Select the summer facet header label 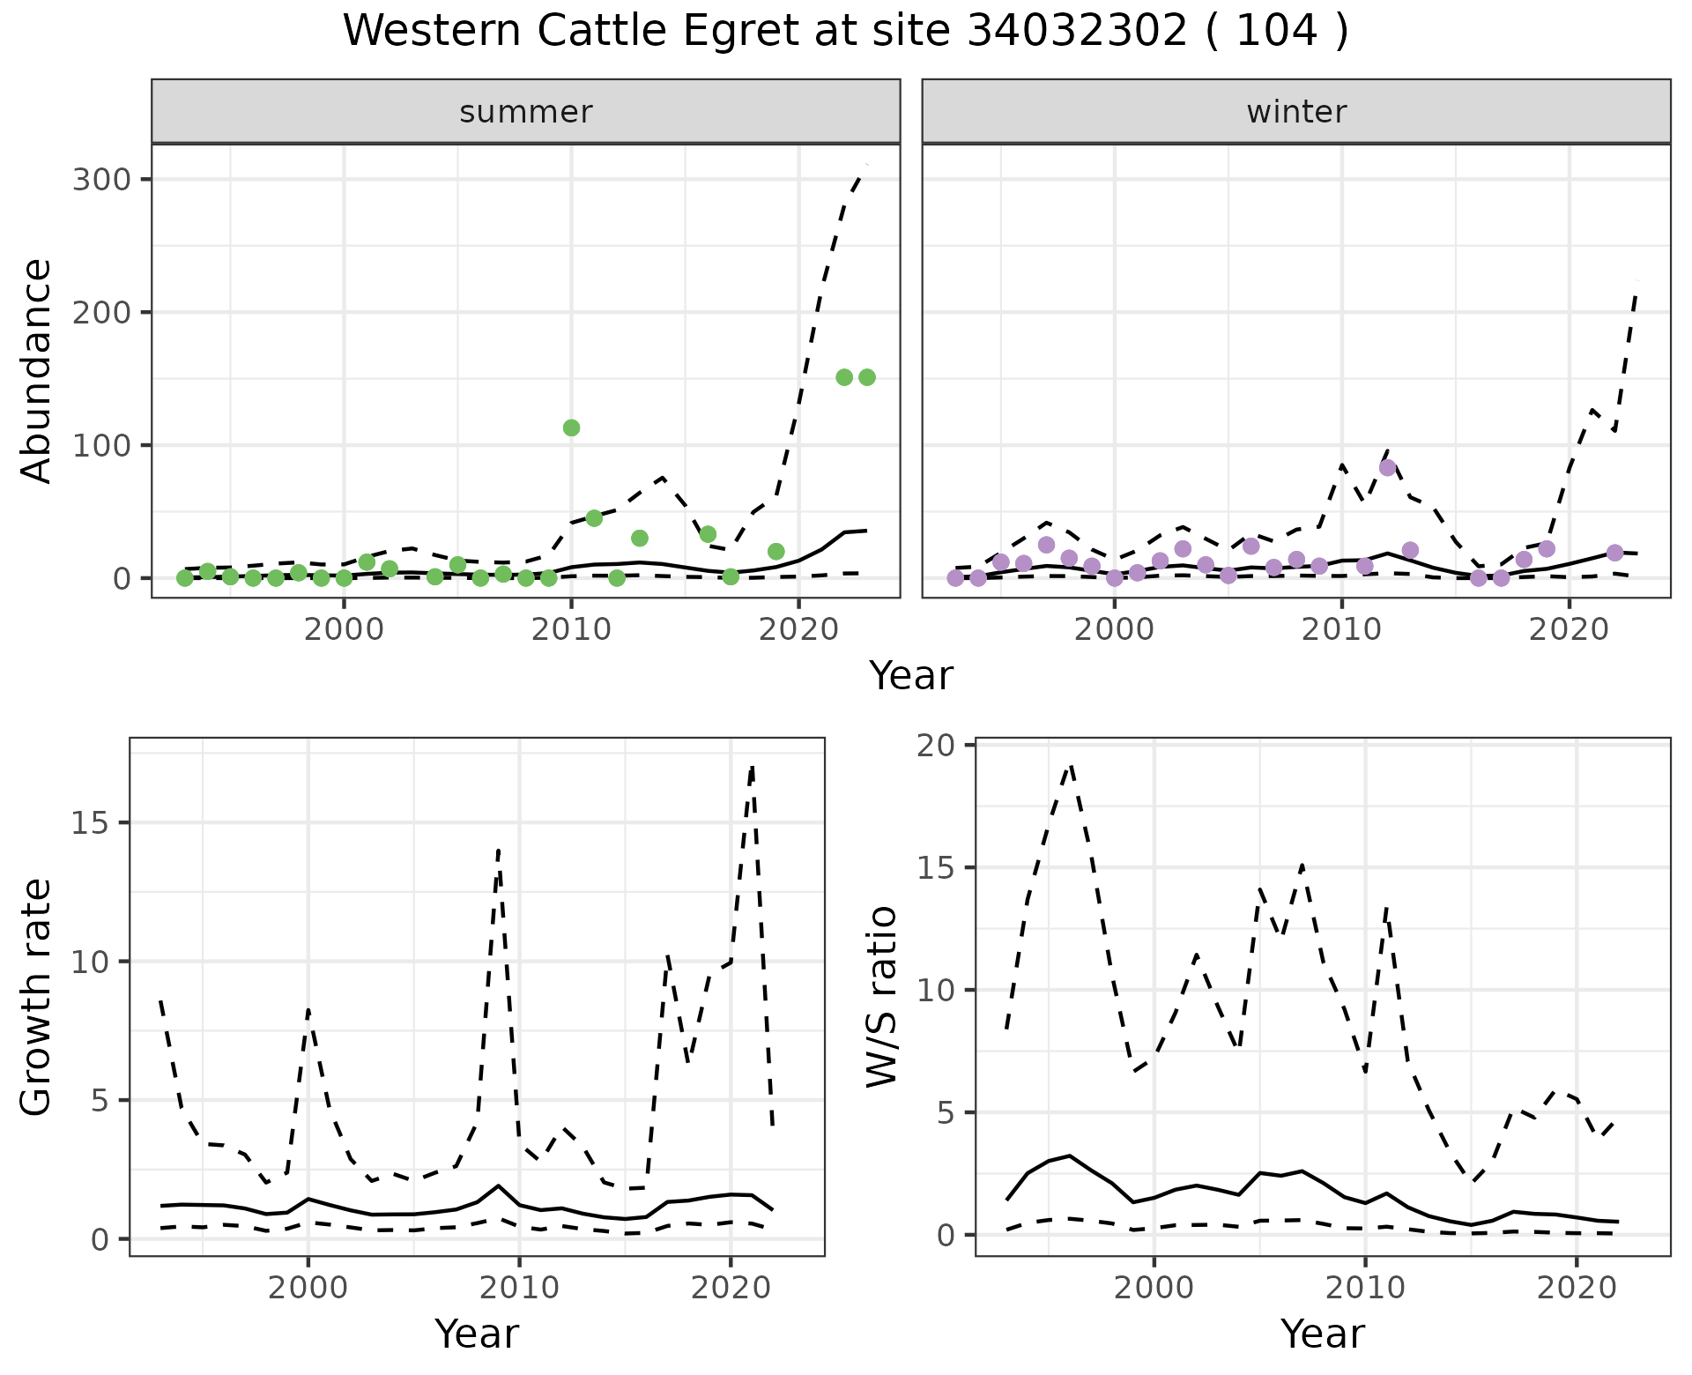pos(526,112)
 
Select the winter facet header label pos(1296,112)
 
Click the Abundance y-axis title pos(37,371)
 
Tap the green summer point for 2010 pos(571,428)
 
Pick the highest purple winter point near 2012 pos(1388,468)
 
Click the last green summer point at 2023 pos(866,377)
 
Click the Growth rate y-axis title pos(37,998)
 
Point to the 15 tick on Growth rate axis pos(89,823)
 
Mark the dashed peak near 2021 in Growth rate pos(752,768)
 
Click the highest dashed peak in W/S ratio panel pos(1070,766)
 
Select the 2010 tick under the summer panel pos(571,629)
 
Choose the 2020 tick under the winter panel pos(1569,629)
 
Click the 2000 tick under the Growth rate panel pos(308,1288)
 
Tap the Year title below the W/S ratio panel pos(1322,1334)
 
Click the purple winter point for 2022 pos(1614,553)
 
